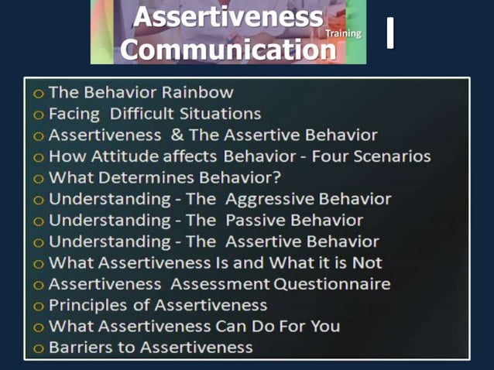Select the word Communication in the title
(229, 49)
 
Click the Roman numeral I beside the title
(390, 33)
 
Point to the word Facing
(74, 114)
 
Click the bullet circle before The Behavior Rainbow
(38, 93)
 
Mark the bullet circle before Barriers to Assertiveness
(38, 348)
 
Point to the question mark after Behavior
(276, 177)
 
